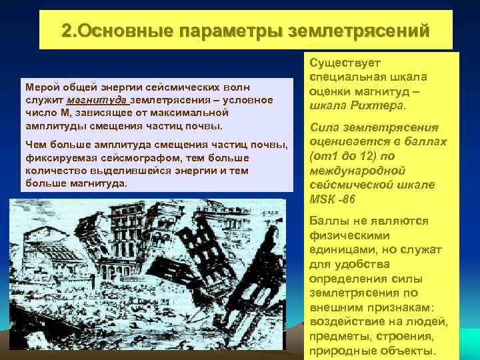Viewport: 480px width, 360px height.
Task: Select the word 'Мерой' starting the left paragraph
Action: coord(38,87)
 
